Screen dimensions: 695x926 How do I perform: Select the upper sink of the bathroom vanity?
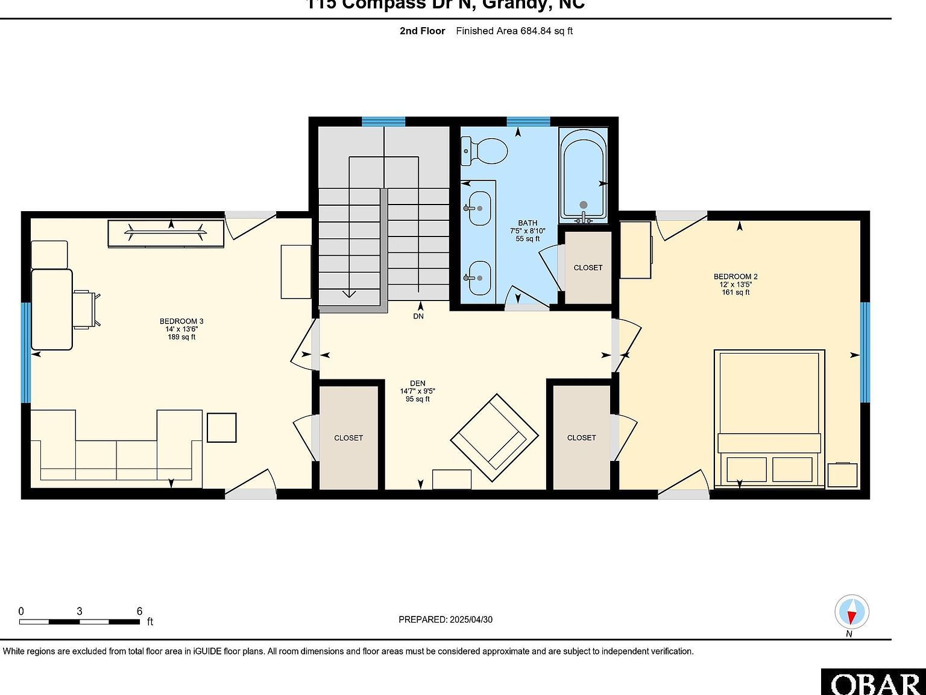(x=479, y=208)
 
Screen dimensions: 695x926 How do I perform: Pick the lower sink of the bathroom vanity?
(x=479, y=278)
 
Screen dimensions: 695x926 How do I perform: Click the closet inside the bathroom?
(x=588, y=267)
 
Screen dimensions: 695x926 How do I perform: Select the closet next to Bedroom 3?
(x=348, y=437)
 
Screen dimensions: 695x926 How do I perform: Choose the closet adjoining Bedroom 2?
(x=581, y=437)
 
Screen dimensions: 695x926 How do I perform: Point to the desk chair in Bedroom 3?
(x=86, y=309)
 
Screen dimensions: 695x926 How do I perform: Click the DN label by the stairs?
(x=418, y=316)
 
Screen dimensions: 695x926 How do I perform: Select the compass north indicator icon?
(x=851, y=612)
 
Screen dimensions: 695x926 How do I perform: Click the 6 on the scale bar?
(x=139, y=611)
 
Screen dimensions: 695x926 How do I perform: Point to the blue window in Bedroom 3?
(x=25, y=352)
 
